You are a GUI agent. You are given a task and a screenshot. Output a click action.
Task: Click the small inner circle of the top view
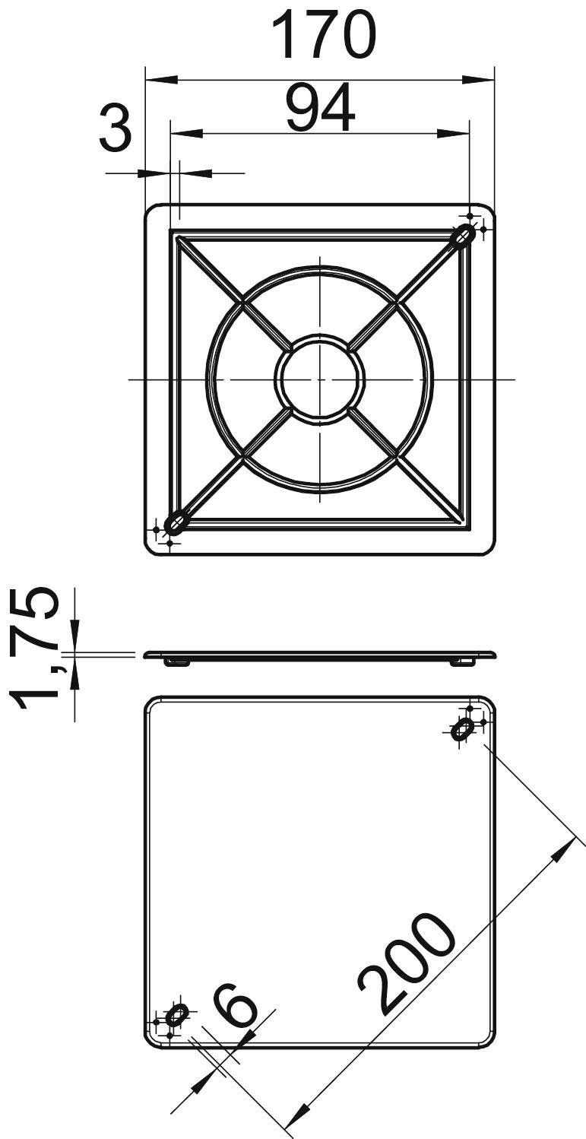[319, 378]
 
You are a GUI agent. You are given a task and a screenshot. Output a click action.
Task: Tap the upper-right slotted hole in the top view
[462, 236]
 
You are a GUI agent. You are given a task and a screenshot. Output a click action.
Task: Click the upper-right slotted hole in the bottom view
[461, 729]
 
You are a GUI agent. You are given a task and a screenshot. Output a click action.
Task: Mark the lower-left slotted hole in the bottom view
[176, 1015]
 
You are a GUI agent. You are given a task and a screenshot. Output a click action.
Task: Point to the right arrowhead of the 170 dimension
[479, 79]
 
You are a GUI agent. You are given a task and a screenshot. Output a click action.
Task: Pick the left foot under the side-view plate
[178, 662]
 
